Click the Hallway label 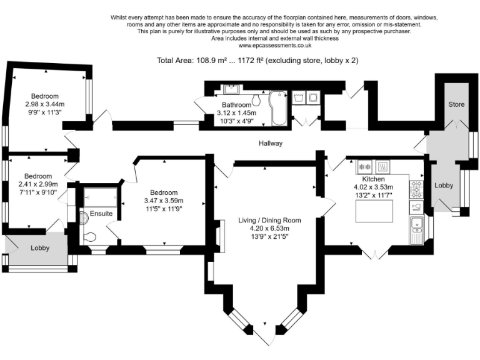[271, 143]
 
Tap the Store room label [456, 104]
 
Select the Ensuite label [101, 214]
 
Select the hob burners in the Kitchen [416, 187]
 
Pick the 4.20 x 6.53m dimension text [270, 229]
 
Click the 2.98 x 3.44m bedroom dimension [45, 104]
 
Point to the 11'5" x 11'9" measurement [163, 210]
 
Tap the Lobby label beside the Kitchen [444, 186]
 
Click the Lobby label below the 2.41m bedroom [40, 248]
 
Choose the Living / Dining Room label [270, 220]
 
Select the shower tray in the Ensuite [100, 198]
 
